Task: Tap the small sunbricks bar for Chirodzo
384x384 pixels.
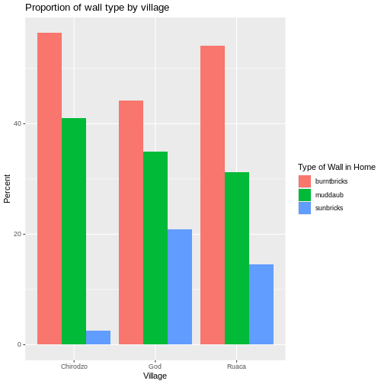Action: [98, 338]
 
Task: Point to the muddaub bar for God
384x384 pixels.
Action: [155, 248]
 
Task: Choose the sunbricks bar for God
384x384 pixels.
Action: [180, 286]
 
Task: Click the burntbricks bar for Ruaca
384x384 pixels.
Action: [213, 195]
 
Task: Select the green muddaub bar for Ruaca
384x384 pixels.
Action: [237, 258]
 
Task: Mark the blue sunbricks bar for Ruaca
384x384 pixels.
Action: [261, 304]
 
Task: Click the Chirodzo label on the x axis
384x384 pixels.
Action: [74, 366]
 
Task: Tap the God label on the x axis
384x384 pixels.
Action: [155, 366]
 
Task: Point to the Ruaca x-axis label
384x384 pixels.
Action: [237, 366]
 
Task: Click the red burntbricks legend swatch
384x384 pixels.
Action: [305, 181]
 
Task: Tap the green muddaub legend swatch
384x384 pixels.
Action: [305, 194]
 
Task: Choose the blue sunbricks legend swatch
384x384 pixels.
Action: [305, 207]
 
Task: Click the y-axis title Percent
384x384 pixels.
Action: [8, 188]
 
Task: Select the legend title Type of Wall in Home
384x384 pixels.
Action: [336, 167]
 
